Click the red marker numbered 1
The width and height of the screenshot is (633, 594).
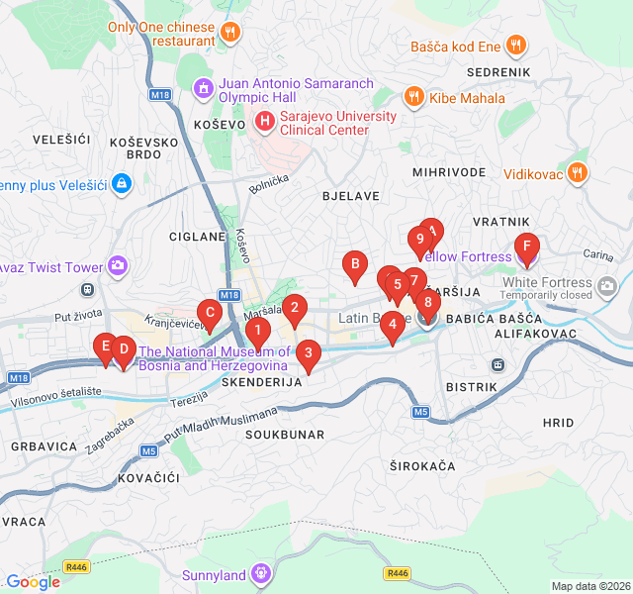(257, 332)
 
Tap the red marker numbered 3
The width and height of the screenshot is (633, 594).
(309, 353)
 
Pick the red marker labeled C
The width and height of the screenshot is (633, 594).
(209, 314)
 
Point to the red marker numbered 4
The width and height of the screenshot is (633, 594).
(392, 324)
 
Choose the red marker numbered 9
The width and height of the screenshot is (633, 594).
(420, 240)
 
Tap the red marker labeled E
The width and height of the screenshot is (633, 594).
(104, 347)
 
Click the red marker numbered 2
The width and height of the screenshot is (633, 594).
(294, 308)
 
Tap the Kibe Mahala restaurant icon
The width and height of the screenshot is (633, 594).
(413, 98)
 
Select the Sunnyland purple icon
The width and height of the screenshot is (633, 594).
(261, 572)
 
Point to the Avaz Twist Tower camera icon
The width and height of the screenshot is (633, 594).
(119, 265)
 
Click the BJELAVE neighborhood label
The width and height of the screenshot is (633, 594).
(351, 196)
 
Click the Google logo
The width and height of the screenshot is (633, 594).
(34, 582)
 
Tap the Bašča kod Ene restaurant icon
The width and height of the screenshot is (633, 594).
(515, 46)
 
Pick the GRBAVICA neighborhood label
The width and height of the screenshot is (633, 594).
(45, 446)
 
